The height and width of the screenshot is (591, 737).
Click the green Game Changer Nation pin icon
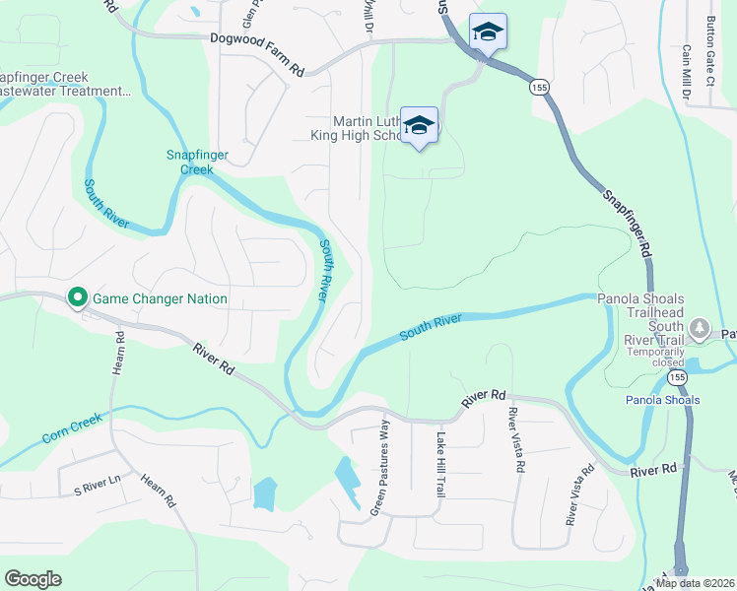77,297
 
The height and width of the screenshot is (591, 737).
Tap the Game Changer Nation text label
159,298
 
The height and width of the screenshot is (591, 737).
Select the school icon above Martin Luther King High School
419,125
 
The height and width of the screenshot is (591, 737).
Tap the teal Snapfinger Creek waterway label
189,162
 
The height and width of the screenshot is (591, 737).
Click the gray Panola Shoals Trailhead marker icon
700,326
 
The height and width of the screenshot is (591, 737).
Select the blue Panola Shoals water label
662,400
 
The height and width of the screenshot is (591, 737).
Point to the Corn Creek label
72,428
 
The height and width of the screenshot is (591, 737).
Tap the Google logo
33,579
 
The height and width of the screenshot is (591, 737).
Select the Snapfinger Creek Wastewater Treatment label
65,85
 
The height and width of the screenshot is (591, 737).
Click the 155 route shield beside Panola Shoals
675,377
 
